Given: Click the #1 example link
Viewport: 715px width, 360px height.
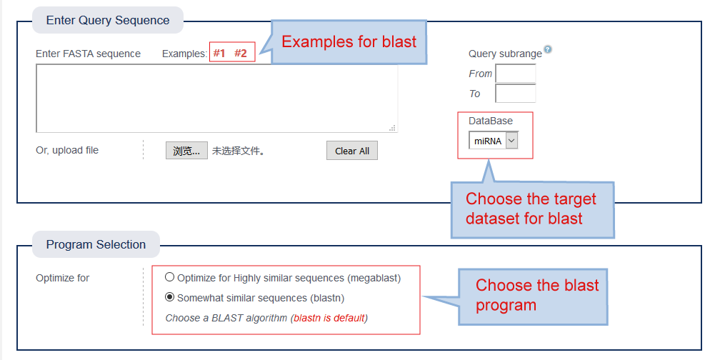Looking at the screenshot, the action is (219, 54).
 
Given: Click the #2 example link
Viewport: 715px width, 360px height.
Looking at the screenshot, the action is (241, 54).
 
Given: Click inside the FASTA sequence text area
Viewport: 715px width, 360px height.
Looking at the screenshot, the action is (216, 98).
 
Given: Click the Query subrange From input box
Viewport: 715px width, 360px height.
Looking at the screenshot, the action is (516, 74).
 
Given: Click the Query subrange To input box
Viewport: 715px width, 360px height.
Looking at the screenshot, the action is (516, 94).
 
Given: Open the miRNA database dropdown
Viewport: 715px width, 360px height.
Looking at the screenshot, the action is (494, 141).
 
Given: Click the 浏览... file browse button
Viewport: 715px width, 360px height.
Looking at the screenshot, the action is (186, 151).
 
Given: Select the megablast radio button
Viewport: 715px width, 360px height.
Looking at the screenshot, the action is (169, 277).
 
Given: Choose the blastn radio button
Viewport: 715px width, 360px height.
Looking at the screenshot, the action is (169, 297).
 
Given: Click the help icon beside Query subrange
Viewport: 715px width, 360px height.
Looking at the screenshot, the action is (548, 49).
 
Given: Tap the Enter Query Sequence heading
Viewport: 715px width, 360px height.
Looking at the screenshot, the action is (108, 21).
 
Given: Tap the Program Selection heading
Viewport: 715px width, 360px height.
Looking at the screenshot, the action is (96, 244).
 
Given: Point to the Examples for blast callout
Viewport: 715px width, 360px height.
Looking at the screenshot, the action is (349, 42).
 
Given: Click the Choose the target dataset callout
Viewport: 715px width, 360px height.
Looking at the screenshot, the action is (533, 210).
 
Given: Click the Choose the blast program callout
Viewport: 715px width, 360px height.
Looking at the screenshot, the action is (533, 296).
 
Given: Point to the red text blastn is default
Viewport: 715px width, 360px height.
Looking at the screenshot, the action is (329, 318).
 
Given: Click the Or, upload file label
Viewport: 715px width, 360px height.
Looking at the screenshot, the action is (67, 151).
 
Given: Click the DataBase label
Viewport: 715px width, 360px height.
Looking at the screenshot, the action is (491, 121).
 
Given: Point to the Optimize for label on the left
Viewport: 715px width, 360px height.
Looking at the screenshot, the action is (62, 278).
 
